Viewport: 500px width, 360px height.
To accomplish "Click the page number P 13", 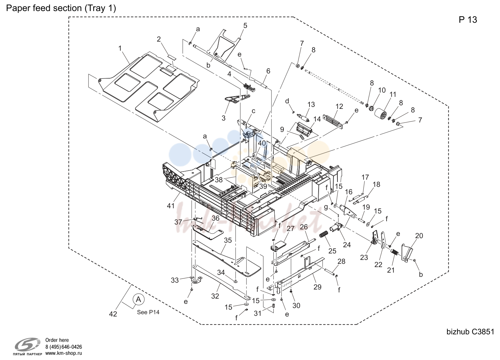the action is tap(468, 20).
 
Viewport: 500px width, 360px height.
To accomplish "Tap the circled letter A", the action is tap(138, 300).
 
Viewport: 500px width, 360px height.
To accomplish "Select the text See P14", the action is tap(148, 312).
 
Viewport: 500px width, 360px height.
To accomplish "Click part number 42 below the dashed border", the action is tap(113, 314).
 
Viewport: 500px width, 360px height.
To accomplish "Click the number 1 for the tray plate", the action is tap(120, 48).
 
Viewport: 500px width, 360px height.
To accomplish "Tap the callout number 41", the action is tap(171, 206).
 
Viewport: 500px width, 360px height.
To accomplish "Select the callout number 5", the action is tap(245, 26).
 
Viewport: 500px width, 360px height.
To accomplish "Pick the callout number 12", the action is tap(339, 106).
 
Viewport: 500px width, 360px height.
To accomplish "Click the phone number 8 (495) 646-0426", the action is tap(64, 347).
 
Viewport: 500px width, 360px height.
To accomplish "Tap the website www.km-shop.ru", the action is tap(64, 353).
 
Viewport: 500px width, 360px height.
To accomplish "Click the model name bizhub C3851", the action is tap(470, 332).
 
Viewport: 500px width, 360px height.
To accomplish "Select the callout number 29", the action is tap(317, 287).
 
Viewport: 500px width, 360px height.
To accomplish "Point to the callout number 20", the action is tap(419, 236).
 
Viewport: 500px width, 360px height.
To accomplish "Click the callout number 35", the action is tap(228, 240).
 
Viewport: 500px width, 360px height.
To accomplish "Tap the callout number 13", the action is tap(311, 104).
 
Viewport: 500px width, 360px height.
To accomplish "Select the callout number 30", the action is tap(296, 305).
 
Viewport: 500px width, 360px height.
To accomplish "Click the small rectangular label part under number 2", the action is tap(172, 58).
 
